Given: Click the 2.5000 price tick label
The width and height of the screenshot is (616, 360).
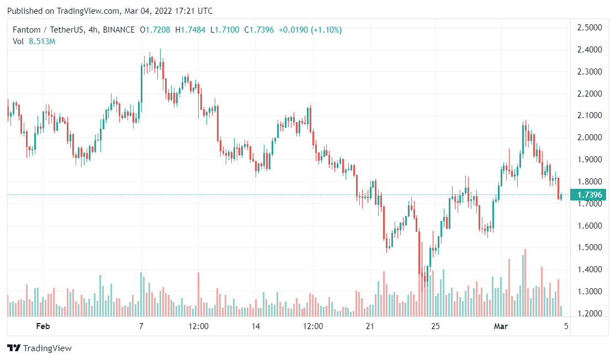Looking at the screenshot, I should pyautogui.click(x=588, y=28).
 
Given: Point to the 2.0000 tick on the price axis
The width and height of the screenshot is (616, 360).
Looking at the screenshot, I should pyautogui.click(x=588, y=137).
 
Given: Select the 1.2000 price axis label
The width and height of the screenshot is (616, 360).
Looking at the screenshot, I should pyautogui.click(x=588, y=314).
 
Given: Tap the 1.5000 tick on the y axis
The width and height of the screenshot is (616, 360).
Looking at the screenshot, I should pyautogui.click(x=588, y=247).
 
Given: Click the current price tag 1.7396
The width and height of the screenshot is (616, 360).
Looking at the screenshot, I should pyautogui.click(x=590, y=195).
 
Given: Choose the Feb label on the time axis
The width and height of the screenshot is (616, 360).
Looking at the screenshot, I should pyautogui.click(x=43, y=326).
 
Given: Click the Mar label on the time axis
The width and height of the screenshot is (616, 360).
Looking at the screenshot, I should pyautogui.click(x=501, y=326).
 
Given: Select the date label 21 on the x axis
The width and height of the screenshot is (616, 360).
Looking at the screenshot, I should pyautogui.click(x=370, y=326).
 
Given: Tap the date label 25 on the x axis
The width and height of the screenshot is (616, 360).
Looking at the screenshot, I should pyautogui.click(x=436, y=326).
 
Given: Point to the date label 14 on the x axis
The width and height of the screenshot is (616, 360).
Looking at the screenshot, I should pyautogui.click(x=256, y=326).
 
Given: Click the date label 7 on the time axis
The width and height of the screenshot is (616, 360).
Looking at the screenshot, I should pyautogui.click(x=141, y=326).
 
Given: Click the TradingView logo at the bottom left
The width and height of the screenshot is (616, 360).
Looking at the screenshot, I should pyautogui.click(x=39, y=348).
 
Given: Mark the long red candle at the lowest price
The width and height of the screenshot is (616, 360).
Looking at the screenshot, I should pyautogui.click(x=420, y=260).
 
